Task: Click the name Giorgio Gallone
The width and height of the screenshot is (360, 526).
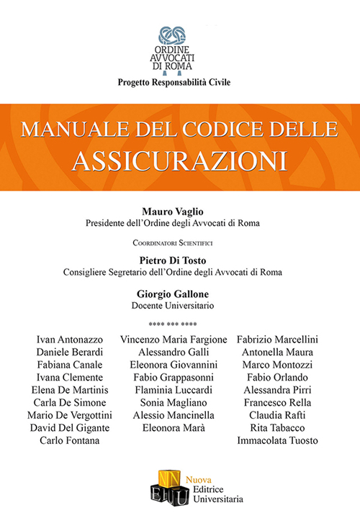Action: tap(179, 294)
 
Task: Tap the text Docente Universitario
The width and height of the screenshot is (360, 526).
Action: tap(179, 306)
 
